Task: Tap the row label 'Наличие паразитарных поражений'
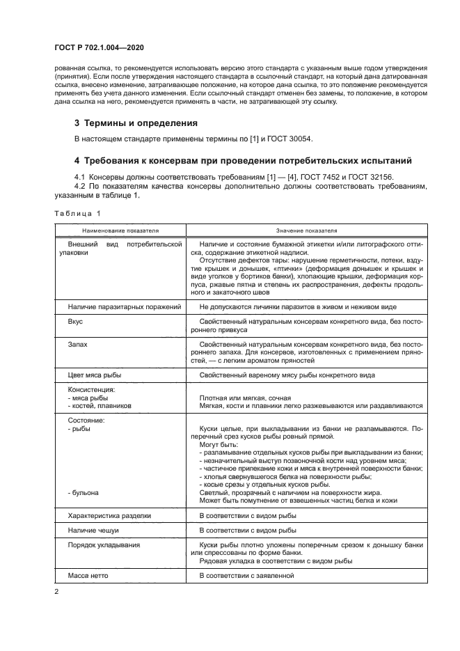125,307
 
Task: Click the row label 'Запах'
78,345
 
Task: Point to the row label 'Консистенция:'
91,389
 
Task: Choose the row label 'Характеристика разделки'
109,517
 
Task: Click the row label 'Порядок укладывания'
104,544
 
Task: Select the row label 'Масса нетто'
88,576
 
